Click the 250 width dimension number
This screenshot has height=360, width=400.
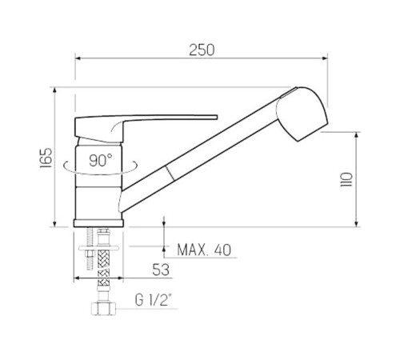point(202,50)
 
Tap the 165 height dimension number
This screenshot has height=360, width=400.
point(46,158)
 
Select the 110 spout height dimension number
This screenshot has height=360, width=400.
point(346,179)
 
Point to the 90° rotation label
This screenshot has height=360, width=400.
point(101,161)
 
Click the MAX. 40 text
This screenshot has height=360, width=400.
point(204,250)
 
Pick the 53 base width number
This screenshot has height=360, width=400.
point(161,270)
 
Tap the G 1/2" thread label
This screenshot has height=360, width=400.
point(153,300)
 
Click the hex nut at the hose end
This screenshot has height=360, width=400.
point(104,309)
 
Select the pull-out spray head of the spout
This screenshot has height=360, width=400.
point(302,114)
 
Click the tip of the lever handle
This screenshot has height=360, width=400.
point(217,117)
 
